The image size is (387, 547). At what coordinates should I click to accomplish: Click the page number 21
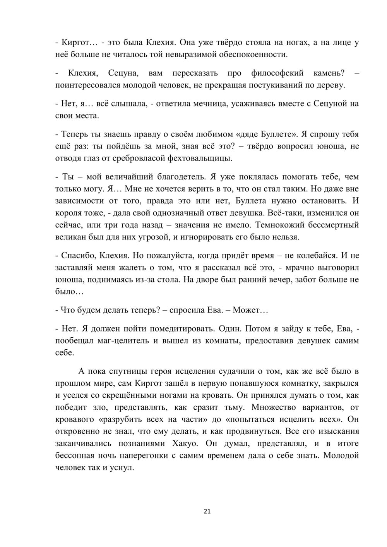pyautogui.click(x=207, y=511)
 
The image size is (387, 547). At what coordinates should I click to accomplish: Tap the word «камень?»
pyautogui.click(x=329, y=73)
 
